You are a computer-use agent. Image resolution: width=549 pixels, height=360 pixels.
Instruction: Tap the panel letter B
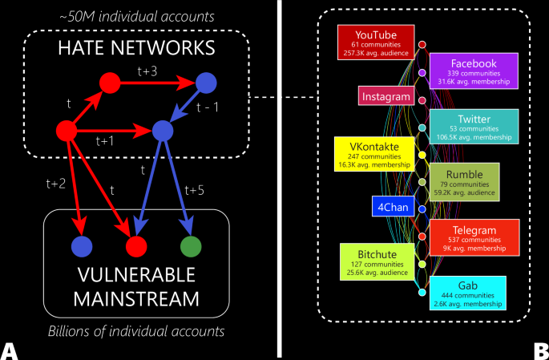click(540, 350)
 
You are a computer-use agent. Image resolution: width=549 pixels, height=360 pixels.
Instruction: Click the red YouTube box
click(375, 42)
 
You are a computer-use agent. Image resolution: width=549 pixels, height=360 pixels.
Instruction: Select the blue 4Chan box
click(391, 207)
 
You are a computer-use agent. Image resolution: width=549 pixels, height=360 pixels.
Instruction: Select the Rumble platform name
click(467, 174)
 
